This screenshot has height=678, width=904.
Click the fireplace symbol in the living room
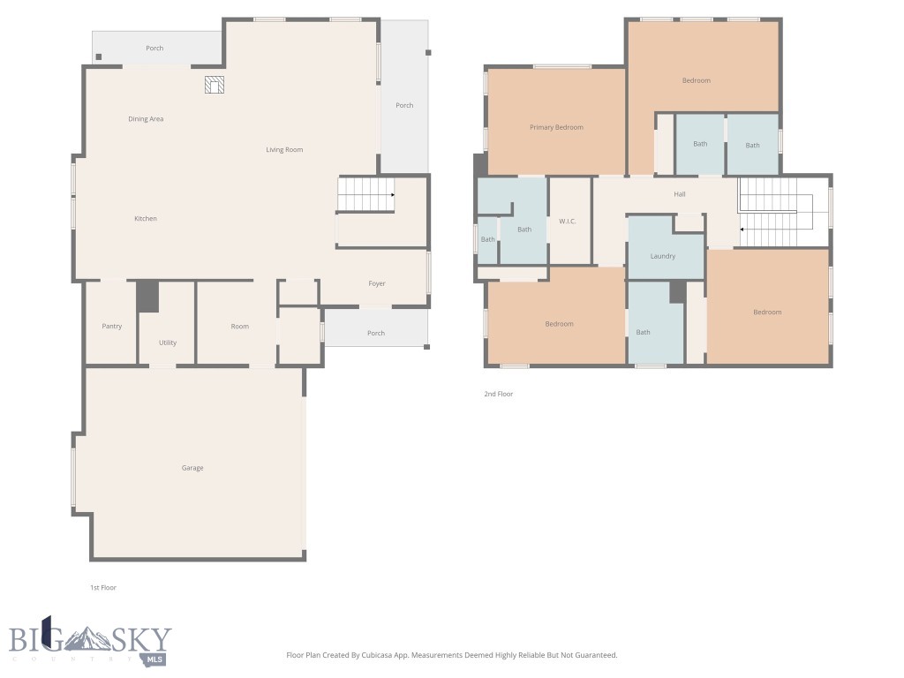coord(215,85)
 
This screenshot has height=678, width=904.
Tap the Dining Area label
coord(146,119)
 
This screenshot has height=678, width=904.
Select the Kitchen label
coord(146,219)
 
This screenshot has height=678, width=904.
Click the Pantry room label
coord(111,327)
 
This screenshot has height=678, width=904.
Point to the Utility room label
coord(168,343)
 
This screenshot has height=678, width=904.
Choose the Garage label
coord(192,468)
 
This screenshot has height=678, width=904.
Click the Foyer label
coord(377,283)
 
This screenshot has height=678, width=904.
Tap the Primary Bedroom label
coord(556,127)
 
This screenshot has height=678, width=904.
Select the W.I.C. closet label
coord(567,221)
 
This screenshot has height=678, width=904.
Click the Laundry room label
coord(663,256)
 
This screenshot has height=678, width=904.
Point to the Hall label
coord(680,194)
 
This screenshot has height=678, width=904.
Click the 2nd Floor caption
coord(498,394)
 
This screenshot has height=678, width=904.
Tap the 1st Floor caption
coord(102,587)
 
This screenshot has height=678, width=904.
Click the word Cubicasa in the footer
coord(380,655)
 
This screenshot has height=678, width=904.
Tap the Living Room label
coord(284,150)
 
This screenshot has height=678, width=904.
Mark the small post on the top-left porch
coord(99,57)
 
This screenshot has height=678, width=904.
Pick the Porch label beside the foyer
coord(376,333)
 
